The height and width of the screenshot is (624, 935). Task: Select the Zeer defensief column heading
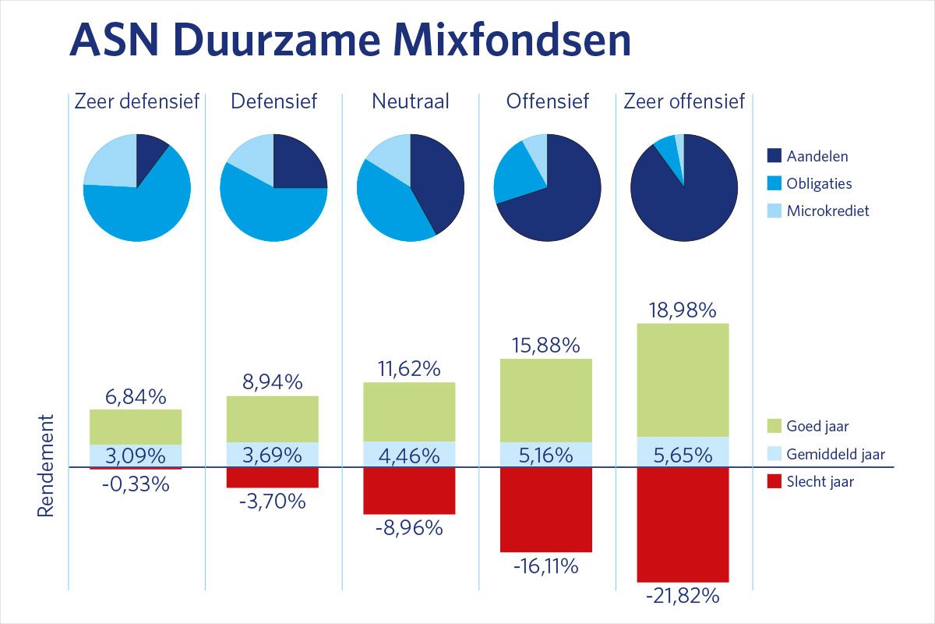tap(136, 101)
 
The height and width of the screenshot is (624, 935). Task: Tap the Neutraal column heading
tap(410, 101)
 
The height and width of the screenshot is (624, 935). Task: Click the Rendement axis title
tap(46, 465)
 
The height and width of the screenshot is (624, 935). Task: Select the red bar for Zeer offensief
tap(683, 524)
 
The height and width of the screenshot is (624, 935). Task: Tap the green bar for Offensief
tap(546, 400)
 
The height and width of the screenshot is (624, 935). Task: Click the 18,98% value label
tap(683, 310)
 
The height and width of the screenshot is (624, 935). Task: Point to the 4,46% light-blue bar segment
tap(409, 455)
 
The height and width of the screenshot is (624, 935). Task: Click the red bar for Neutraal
tap(409, 491)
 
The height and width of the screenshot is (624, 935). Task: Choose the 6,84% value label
tap(136, 397)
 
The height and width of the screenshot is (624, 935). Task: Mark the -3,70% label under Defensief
tap(273, 502)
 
